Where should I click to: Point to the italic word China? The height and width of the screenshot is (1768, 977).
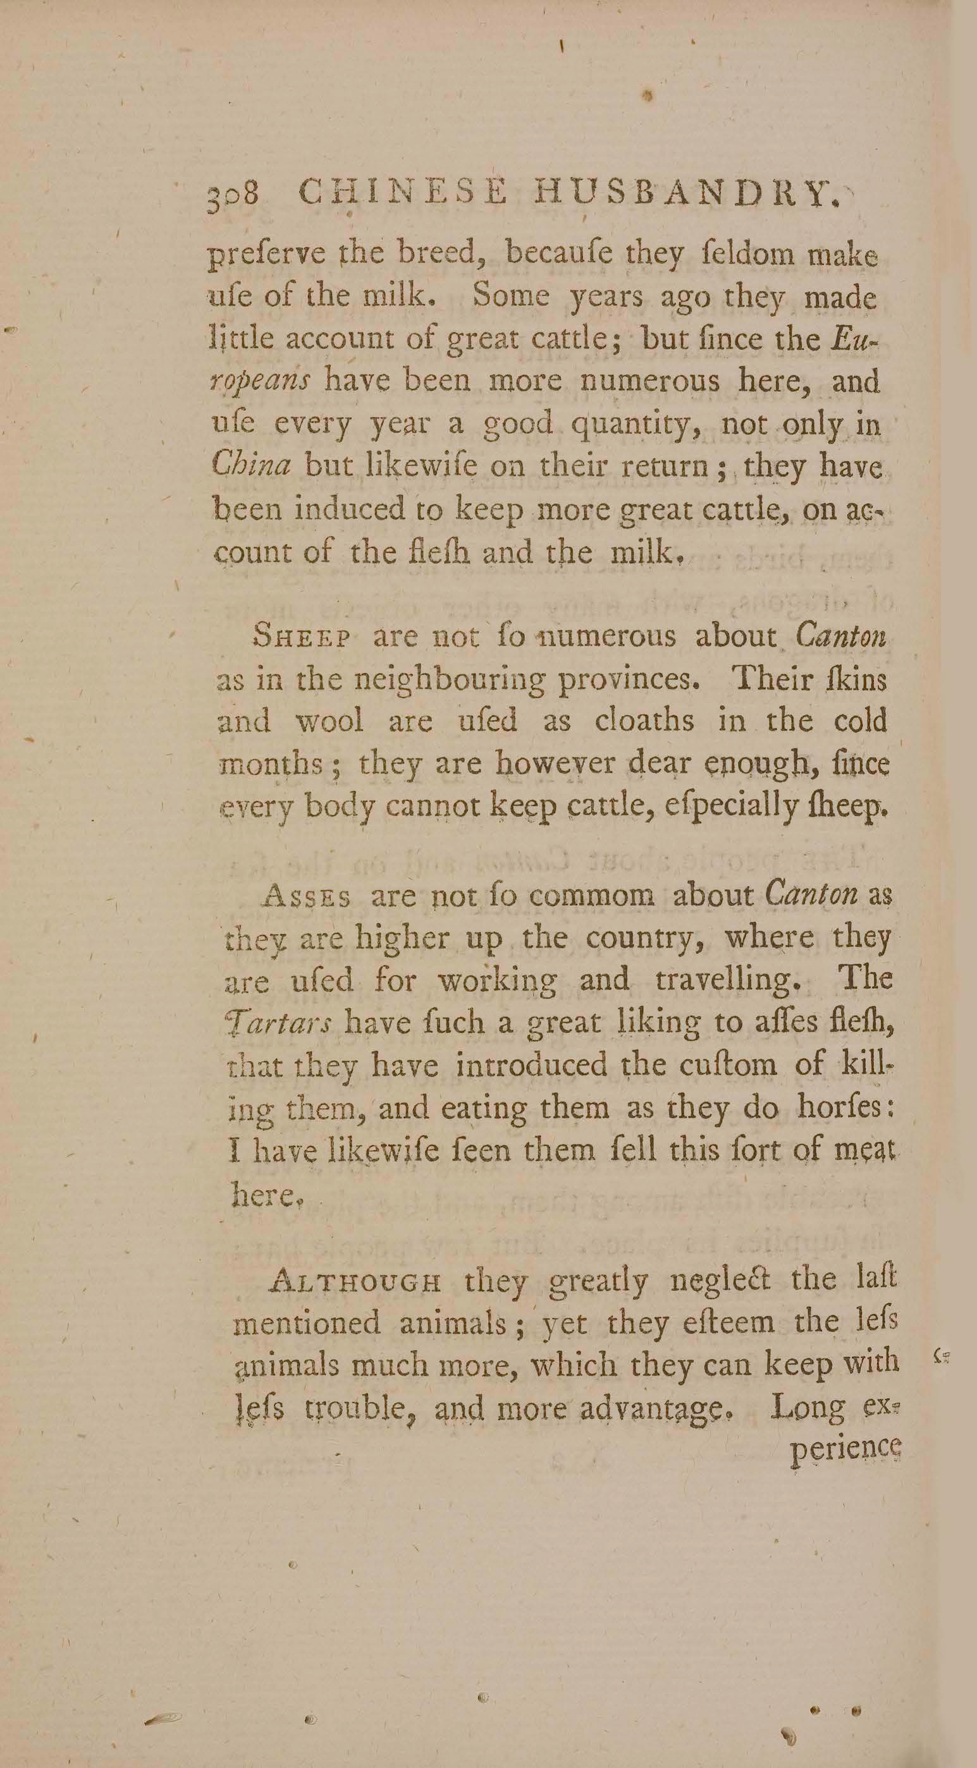(x=250, y=466)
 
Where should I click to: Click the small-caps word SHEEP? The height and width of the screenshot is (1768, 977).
(x=303, y=638)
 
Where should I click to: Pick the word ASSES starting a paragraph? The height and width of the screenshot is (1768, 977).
(x=307, y=897)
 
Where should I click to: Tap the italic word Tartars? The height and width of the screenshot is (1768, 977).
(x=279, y=1024)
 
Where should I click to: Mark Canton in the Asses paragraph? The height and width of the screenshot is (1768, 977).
(x=810, y=895)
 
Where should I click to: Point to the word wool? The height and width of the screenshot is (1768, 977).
(x=329, y=722)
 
